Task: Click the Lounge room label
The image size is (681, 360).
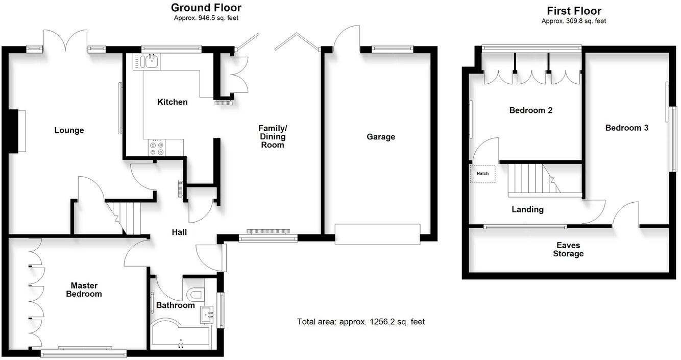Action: click(69, 130)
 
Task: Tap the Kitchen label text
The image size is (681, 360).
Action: click(172, 102)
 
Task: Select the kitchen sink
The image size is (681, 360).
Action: click(151, 62)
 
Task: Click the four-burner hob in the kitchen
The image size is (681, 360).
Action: click(157, 148)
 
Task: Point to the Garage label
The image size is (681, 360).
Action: click(380, 137)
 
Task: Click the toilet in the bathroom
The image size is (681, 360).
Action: click(195, 294)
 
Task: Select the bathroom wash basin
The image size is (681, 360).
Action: click(207, 314)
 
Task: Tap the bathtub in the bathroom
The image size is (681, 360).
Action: click(180, 334)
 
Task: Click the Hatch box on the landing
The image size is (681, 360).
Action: click(482, 174)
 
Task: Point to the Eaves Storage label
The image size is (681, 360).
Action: click(568, 249)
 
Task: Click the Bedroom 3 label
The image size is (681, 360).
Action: click(626, 128)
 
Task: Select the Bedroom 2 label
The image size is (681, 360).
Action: click(531, 110)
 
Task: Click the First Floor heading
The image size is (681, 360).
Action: click(574, 11)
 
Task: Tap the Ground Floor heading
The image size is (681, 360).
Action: click(206, 8)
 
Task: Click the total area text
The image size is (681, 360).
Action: click(360, 322)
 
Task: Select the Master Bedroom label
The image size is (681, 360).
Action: click(86, 290)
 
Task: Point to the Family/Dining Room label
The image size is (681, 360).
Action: click(272, 136)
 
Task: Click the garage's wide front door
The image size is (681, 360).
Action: click(377, 234)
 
